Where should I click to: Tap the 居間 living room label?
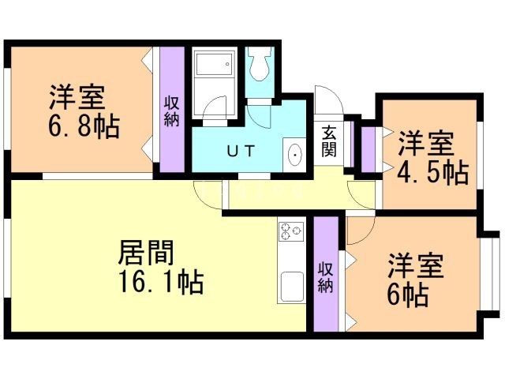(145, 254)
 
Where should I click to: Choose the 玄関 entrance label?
(329, 141)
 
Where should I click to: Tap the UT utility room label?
(241, 151)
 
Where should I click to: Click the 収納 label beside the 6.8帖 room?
(171, 111)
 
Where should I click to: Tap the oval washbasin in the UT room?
(295, 155)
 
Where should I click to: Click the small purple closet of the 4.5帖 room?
(368, 146)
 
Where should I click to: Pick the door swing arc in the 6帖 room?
(359, 231)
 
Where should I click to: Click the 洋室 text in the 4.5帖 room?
(425, 144)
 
